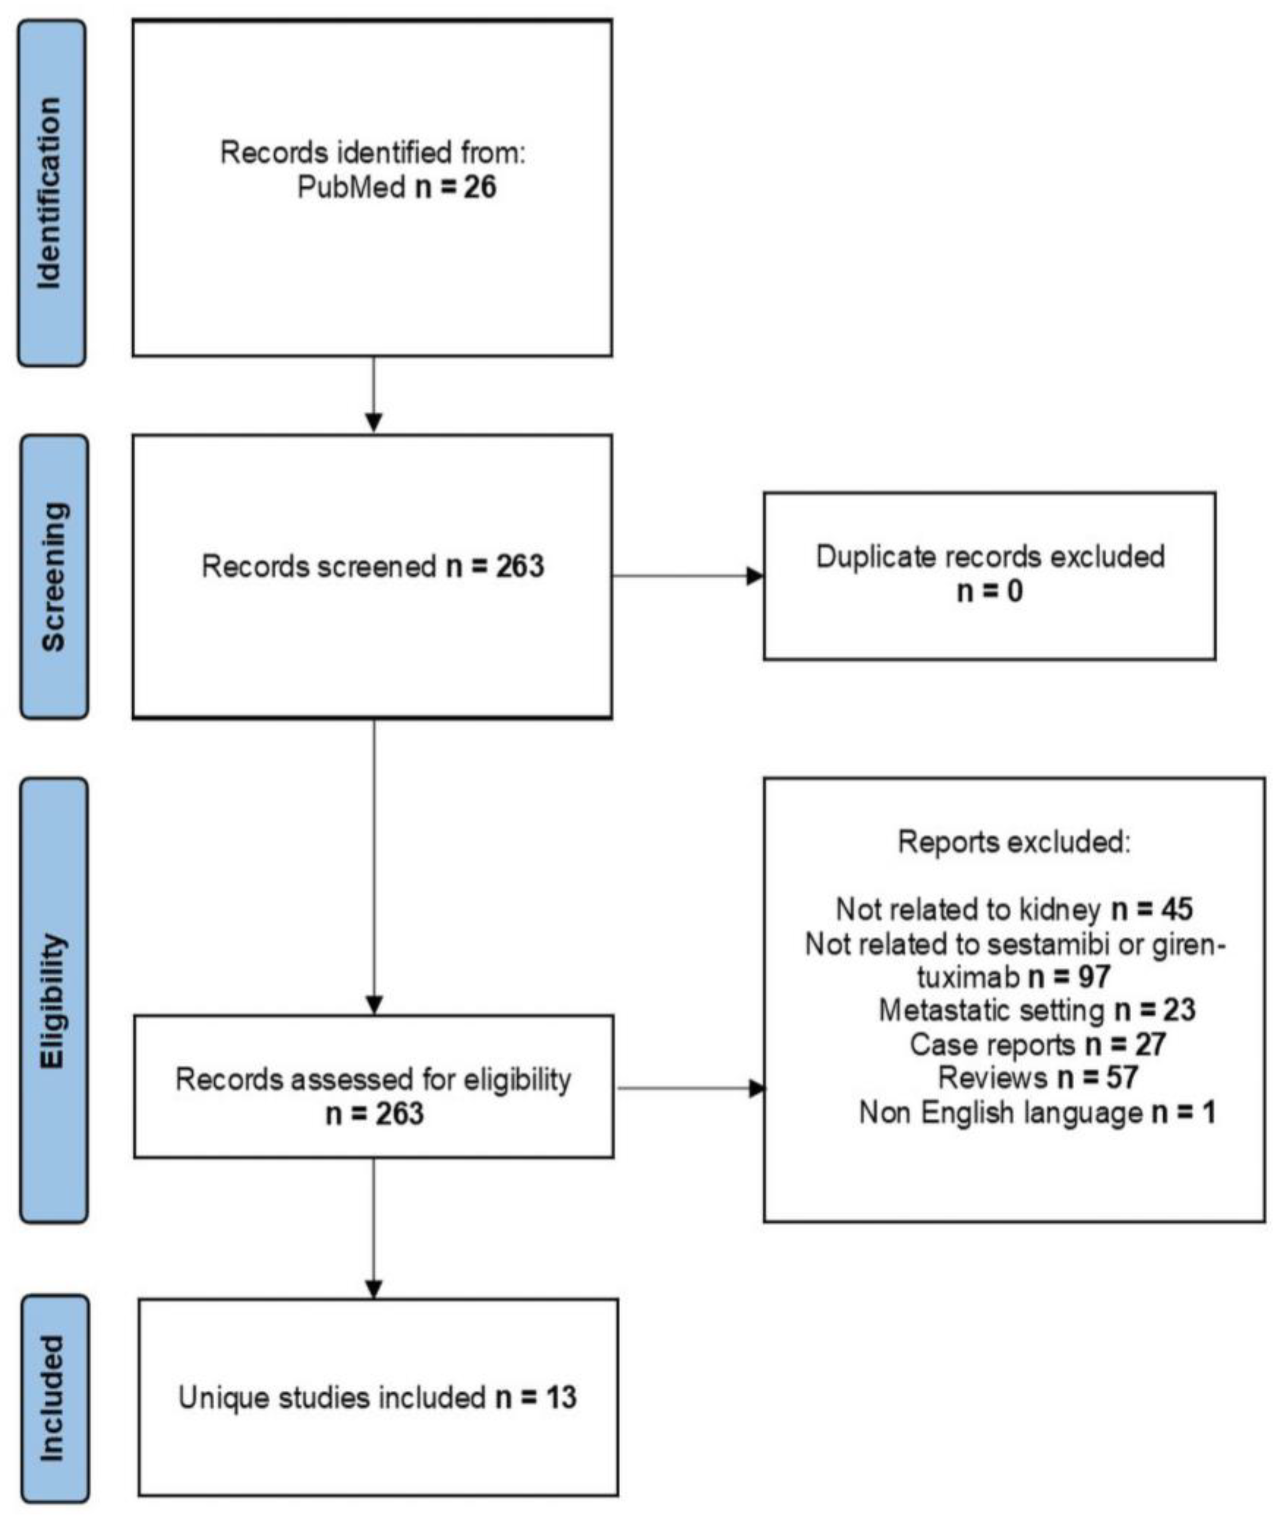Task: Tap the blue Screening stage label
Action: tap(53, 577)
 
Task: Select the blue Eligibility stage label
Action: tap(53, 1002)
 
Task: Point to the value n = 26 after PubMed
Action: tap(456, 187)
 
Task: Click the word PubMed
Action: tap(351, 187)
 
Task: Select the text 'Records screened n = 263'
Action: tap(372, 567)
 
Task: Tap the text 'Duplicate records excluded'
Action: tap(990, 557)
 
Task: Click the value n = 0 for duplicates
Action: tap(990, 592)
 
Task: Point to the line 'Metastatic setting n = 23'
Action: tap(1037, 1010)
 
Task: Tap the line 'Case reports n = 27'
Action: tap(1037, 1045)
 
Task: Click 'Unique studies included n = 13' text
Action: tap(378, 1398)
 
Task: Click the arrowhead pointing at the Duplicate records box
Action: tap(755, 576)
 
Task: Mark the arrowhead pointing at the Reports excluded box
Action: tap(757, 1088)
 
